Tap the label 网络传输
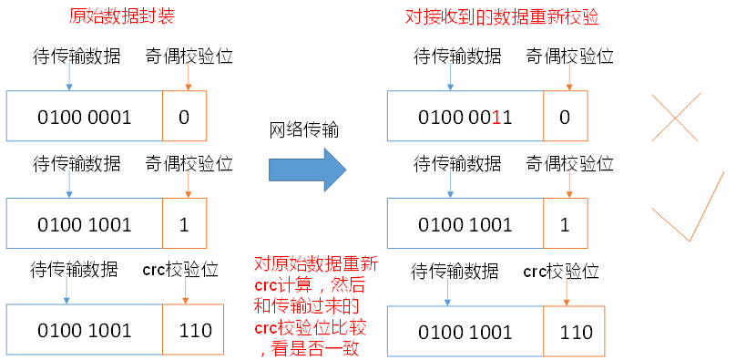pos(304,130)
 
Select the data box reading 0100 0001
pos(85,117)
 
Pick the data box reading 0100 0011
pos(465,117)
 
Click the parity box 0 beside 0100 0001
pos(185,117)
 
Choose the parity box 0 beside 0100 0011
pos(565,117)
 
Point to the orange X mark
pos(675,116)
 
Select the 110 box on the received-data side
pos(576,332)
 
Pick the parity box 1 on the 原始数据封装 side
pos(185,224)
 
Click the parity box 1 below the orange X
pos(565,224)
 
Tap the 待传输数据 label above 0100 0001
pos(77,57)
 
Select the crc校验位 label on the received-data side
pos(561,271)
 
